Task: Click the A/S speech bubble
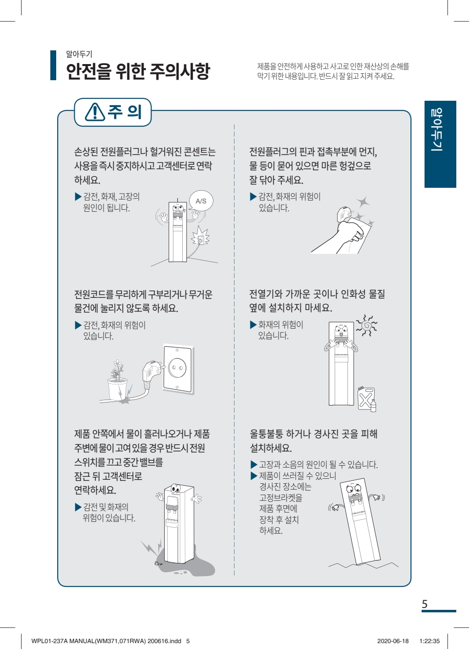(x=201, y=201)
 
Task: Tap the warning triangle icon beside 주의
(x=95, y=112)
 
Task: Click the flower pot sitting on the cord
(x=118, y=389)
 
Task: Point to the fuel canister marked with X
(x=366, y=399)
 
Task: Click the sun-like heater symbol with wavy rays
(x=366, y=326)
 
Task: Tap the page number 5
(x=425, y=604)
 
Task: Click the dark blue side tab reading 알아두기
(x=440, y=144)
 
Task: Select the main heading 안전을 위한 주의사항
(x=138, y=71)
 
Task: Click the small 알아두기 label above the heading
(x=79, y=54)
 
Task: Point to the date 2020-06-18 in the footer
(x=393, y=641)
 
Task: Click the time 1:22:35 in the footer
(x=429, y=641)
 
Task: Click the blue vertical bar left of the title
(x=53, y=65)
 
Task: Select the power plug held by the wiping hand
(x=344, y=214)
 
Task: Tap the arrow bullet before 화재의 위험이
(x=254, y=325)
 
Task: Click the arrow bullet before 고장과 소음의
(x=254, y=465)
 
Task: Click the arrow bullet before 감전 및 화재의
(x=78, y=507)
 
